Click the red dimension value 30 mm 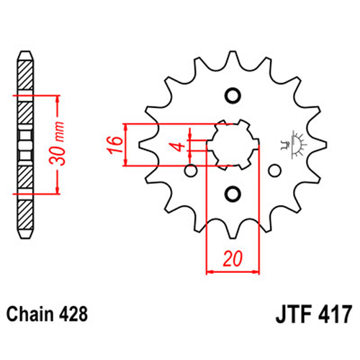click(x=58, y=143)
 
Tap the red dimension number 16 click(x=115, y=145)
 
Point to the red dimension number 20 click(x=233, y=258)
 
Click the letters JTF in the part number click(x=294, y=314)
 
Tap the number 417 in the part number click(x=336, y=314)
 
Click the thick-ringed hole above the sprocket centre click(x=233, y=96)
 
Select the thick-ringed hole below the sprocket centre click(x=233, y=194)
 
